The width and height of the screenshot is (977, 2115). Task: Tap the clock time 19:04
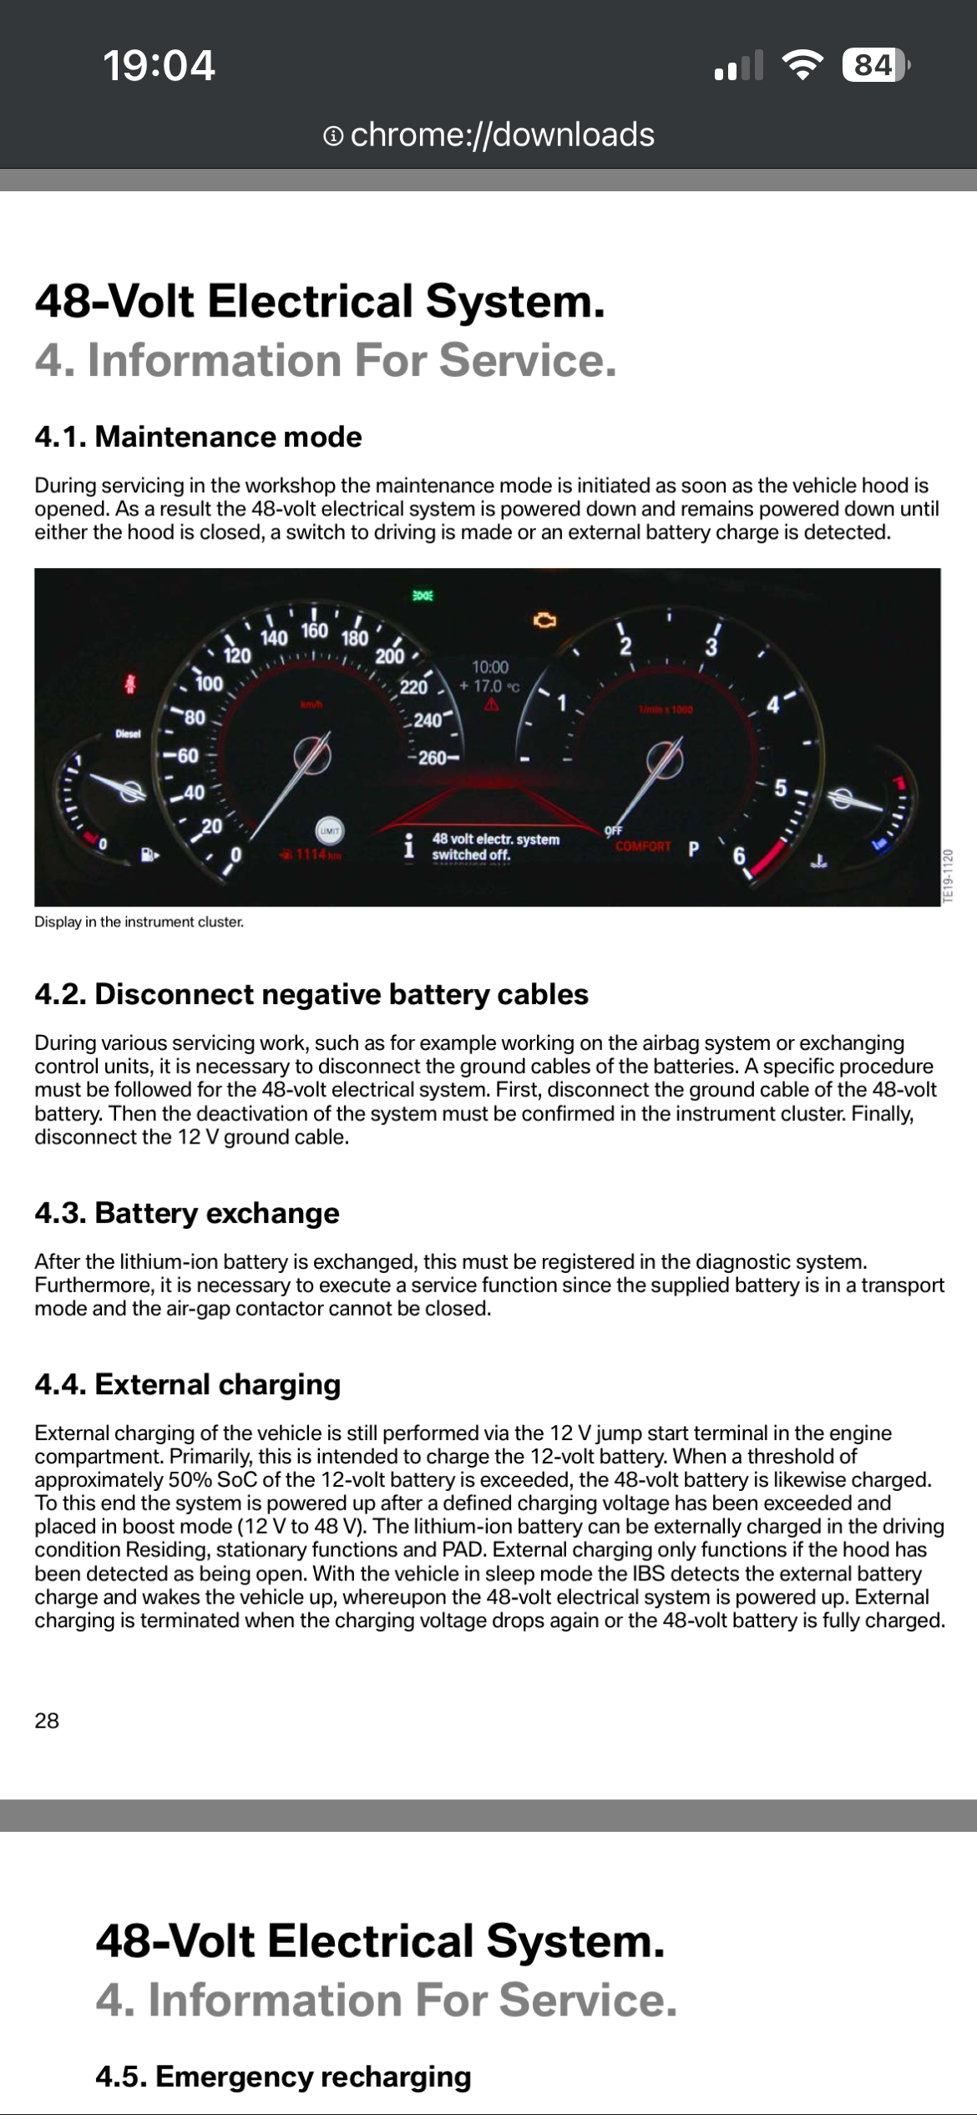click(159, 65)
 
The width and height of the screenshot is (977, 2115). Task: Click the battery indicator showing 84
click(874, 65)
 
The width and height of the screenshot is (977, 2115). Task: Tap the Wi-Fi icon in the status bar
click(802, 65)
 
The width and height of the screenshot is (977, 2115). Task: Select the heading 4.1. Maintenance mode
click(198, 437)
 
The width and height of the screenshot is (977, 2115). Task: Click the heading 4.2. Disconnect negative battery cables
click(311, 994)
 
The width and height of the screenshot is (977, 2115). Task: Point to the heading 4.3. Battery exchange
click(187, 1213)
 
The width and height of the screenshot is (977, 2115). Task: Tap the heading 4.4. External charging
click(188, 1384)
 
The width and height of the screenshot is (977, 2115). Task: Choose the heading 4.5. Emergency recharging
click(283, 2077)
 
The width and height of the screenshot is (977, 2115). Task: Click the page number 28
click(47, 1721)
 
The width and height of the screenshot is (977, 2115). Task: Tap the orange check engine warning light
click(544, 620)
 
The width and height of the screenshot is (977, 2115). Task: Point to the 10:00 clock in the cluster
click(489, 667)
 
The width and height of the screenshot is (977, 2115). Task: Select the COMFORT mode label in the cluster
click(643, 846)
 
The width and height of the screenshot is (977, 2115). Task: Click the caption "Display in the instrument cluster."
click(139, 922)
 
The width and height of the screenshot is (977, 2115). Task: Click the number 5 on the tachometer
click(780, 788)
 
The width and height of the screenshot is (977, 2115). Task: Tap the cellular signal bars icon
click(739, 65)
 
